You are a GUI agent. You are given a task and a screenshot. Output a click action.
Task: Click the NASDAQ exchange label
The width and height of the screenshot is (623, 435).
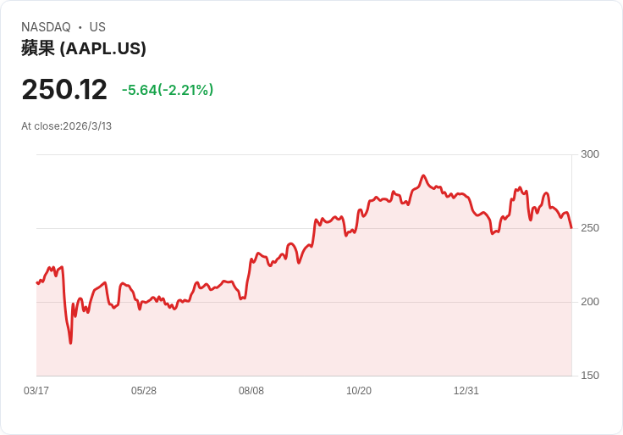(x=46, y=27)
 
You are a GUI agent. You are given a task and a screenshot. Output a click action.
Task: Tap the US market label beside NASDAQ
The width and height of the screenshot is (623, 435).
(x=97, y=27)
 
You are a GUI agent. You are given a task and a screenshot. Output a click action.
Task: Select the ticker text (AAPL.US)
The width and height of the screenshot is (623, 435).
(x=103, y=48)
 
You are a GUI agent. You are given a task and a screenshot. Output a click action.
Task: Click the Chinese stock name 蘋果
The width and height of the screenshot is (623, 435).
(x=38, y=48)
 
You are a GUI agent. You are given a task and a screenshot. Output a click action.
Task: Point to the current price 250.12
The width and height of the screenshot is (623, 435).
(x=64, y=90)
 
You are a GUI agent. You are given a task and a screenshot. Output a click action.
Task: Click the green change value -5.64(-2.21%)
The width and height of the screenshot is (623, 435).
(x=168, y=90)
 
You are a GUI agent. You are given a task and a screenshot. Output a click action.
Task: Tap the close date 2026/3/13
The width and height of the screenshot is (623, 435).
(x=85, y=126)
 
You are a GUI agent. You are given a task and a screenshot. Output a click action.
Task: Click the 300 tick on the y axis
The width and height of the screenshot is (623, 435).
(x=590, y=154)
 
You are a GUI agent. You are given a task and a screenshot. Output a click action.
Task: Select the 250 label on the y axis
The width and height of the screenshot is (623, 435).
(x=590, y=228)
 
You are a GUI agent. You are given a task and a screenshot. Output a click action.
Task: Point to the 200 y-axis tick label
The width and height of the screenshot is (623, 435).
(x=590, y=302)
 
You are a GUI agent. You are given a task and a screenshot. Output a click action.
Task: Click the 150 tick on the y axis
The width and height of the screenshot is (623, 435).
(x=590, y=376)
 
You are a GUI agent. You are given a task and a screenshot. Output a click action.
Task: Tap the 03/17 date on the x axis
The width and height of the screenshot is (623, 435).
(x=36, y=391)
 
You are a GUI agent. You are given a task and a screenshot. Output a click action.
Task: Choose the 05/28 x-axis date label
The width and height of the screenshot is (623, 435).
(x=144, y=391)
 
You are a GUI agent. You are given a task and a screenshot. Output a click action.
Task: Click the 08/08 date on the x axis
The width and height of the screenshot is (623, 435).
(x=251, y=391)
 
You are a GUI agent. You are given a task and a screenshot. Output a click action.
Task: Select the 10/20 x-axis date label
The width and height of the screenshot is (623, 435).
(x=359, y=391)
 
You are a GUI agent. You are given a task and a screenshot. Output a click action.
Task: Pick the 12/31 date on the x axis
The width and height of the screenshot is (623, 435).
(x=466, y=391)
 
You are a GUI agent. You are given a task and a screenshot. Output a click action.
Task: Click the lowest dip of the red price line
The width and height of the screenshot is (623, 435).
(x=70, y=343)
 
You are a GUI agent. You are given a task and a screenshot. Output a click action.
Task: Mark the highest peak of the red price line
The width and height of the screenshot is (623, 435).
(x=423, y=176)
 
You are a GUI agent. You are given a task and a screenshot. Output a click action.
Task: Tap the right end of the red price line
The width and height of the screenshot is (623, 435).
(x=571, y=227)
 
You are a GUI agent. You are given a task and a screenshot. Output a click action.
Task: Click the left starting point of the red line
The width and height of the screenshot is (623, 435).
(x=37, y=282)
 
